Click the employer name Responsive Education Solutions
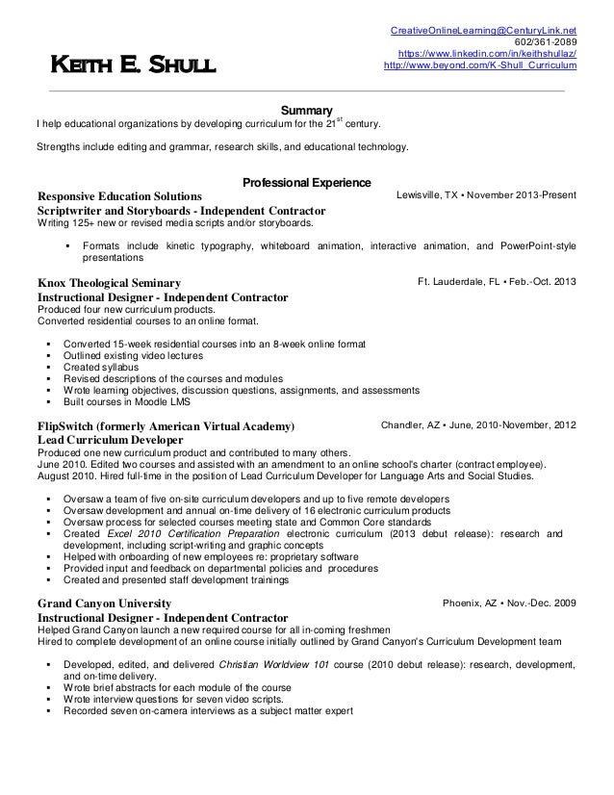pyautogui.click(x=119, y=195)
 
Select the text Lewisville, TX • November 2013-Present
pyautogui.click(x=486, y=194)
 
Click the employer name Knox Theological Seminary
pyautogui.click(x=109, y=283)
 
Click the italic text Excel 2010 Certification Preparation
pyautogui.click(x=173, y=533)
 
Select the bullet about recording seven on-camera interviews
pyautogui.click(x=208, y=711)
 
